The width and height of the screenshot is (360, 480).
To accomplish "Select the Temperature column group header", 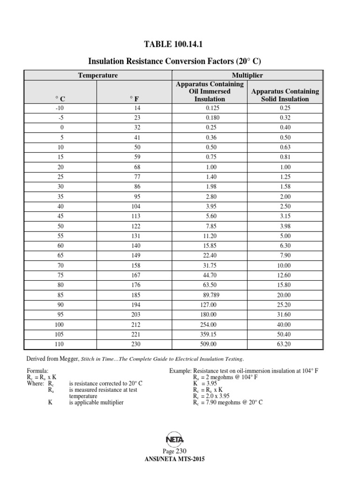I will [98, 75].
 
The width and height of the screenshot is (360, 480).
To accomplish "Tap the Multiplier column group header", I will [247, 75].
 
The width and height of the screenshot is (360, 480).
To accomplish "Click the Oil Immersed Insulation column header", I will [210, 91].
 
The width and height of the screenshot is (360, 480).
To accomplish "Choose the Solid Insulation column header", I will [285, 95].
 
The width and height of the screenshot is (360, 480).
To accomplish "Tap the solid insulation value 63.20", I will [285, 345].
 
